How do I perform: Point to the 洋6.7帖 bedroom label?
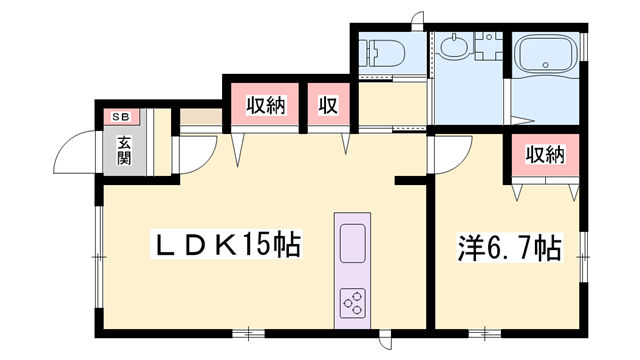(x=508, y=246)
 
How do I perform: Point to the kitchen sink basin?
(x=353, y=244)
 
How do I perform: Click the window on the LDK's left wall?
(x=98, y=256)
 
